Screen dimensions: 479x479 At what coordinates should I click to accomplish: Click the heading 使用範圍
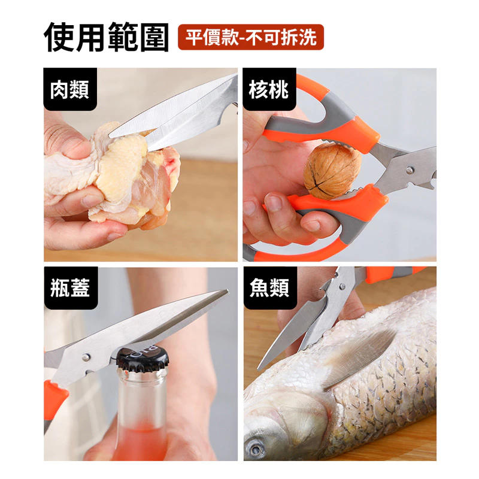pyautogui.click(x=106, y=37)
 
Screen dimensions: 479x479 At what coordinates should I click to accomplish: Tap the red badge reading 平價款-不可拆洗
pyautogui.click(x=251, y=37)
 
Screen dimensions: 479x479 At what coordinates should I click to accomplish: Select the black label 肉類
pyautogui.click(x=70, y=90)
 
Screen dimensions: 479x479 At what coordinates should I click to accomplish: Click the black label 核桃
pyautogui.click(x=269, y=90)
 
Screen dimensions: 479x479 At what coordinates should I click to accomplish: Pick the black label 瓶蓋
pyautogui.click(x=70, y=288)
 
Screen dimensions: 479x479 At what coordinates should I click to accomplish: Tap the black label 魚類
pyautogui.click(x=269, y=288)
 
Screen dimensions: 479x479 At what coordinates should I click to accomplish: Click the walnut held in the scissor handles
pyautogui.click(x=332, y=171)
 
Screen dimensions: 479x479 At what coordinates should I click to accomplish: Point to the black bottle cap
pyautogui.click(x=142, y=359)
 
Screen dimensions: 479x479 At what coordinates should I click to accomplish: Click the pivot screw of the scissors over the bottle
pyautogui.click(x=86, y=357)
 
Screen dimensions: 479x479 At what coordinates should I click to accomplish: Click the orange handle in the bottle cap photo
pyautogui.click(x=55, y=398)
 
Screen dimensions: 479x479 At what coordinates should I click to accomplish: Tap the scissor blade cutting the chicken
pyautogui.click(x=180, y=114)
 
